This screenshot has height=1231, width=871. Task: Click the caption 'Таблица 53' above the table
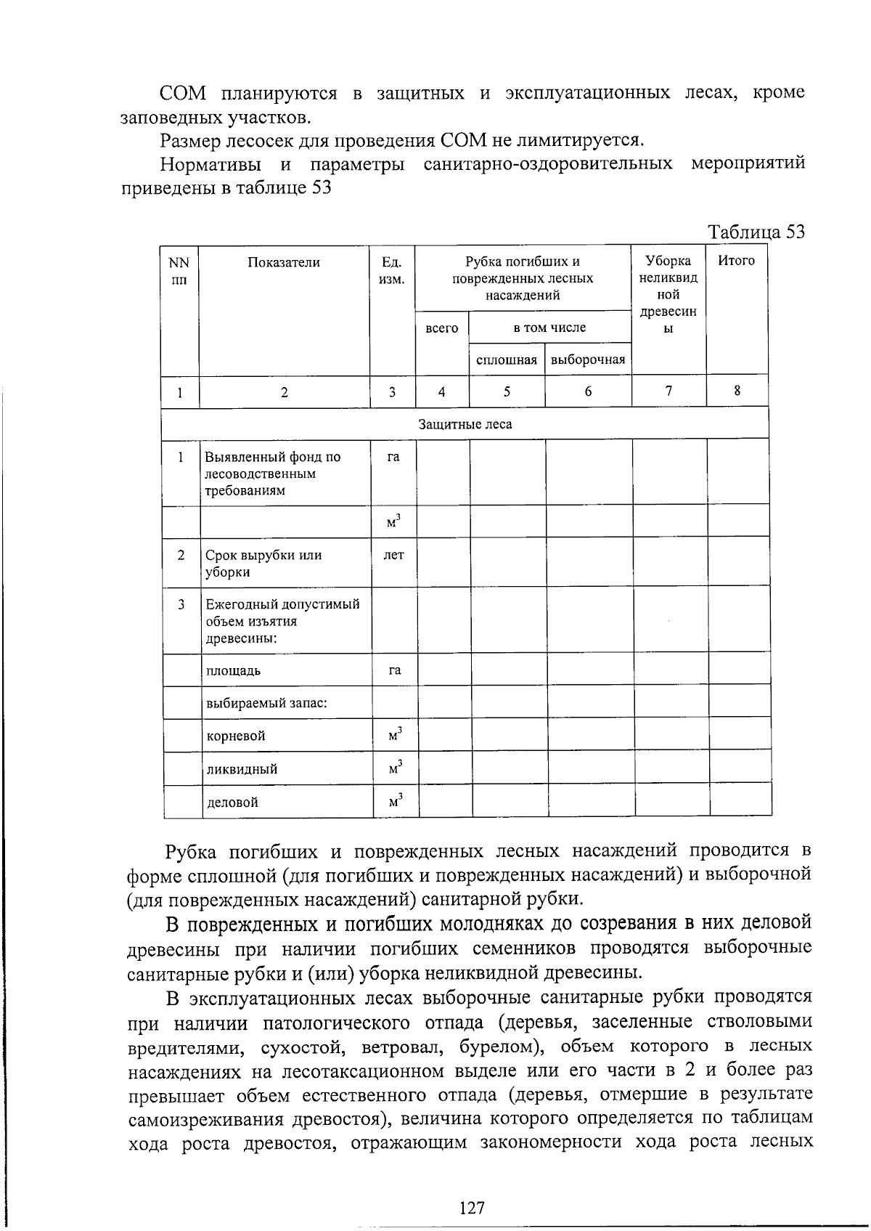click(x=756, y=232)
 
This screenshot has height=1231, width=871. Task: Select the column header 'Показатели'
click(x=284, y=263)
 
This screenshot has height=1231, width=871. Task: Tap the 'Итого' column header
click(x=736, y=261)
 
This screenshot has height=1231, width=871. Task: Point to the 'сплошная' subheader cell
click(x=507, y=360)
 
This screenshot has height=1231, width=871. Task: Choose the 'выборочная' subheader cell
click(x=588, y=360)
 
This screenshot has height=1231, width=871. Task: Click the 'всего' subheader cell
click(x=441, y=328)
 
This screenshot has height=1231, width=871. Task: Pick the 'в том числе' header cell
click(x=549, y=328)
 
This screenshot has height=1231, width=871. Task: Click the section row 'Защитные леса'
click(x=465, y=424)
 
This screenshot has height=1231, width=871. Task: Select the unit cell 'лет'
click(x=393, y=556)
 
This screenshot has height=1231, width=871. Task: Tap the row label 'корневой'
click(x=236, y=736)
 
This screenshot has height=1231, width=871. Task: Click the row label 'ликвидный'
click(x=242, y=769)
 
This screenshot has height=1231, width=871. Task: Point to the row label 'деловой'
click(x=233, y=803)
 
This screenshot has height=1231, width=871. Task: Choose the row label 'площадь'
click(x=234, y=671)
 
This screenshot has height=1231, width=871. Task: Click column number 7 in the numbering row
click(x=668, y=391)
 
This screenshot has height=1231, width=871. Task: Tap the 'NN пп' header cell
click(x=179, y=271)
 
